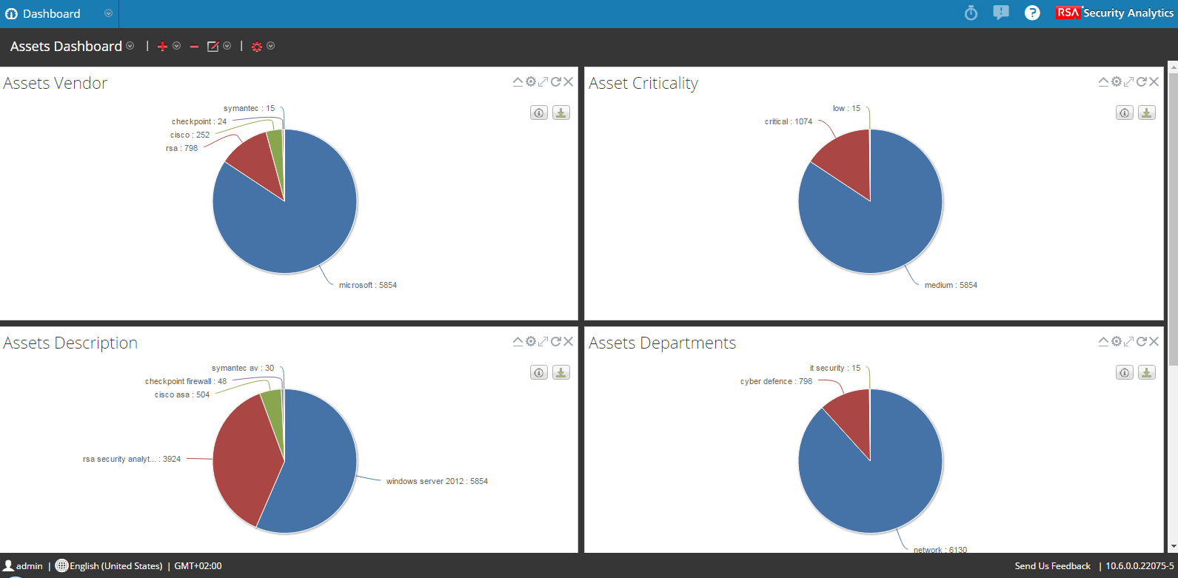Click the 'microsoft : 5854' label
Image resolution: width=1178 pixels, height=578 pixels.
tap(367, 285)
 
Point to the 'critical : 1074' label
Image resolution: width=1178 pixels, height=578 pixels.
tap(788, 121)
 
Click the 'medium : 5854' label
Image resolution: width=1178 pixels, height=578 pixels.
tap(951, 285)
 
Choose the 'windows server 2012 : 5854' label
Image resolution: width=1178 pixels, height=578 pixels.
tap(437, 481)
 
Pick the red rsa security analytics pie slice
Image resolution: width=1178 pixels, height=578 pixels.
tap(244, 459)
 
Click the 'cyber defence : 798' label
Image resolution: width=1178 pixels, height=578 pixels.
tap(776, 381)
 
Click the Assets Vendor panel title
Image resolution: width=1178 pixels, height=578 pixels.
tap(56, 84)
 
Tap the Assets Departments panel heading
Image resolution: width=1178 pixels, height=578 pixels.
tap(662, 343)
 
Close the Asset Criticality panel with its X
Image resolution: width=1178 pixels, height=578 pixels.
tap(1154, 82)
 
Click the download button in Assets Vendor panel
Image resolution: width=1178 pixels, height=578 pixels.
tap(561, 112)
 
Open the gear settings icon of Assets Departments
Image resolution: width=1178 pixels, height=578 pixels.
tap(1117, 341)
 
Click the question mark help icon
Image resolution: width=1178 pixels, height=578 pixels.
tap(1031, 13)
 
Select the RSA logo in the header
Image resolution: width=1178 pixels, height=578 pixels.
tap(1068, 13)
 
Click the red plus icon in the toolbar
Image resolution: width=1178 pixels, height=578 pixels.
tap(163, 47)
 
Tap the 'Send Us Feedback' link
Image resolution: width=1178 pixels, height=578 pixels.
tap(1052, 566)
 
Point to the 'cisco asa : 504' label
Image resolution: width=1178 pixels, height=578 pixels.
tap(181, 394)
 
